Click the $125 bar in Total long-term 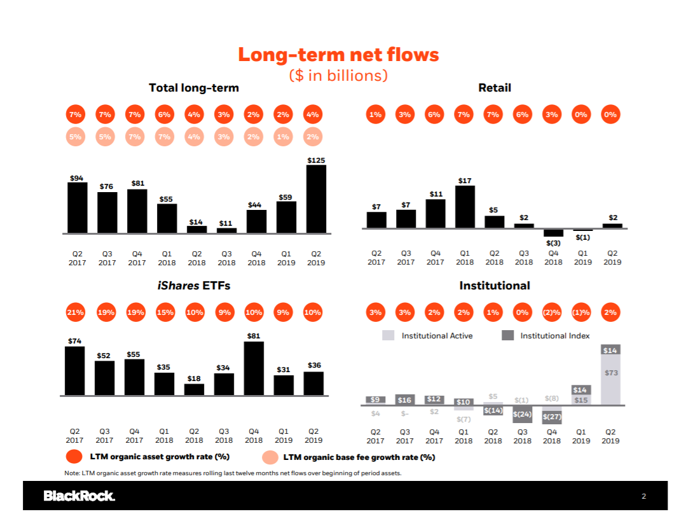coord(316,198)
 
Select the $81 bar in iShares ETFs coord(254,368)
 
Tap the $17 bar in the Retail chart coord(465,207)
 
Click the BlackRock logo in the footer coord(79,496)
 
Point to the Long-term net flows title coord(338,55)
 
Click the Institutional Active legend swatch coord(388,335)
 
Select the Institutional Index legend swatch coord(507,335)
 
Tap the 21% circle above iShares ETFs coord(75,312)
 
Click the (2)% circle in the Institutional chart coord(551,312)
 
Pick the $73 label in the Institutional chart coord(611,373)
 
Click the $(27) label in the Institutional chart coord(552,417)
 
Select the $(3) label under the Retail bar coord(553,242)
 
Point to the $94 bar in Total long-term coord(78,207)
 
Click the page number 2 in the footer coord(643,496)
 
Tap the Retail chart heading coord(495,88)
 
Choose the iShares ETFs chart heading coord(194,286)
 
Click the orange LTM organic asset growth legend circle coord(74,457)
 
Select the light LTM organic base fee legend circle coord(270,457)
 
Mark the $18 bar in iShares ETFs coord(194,390)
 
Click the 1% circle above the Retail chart coord(375,115)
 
